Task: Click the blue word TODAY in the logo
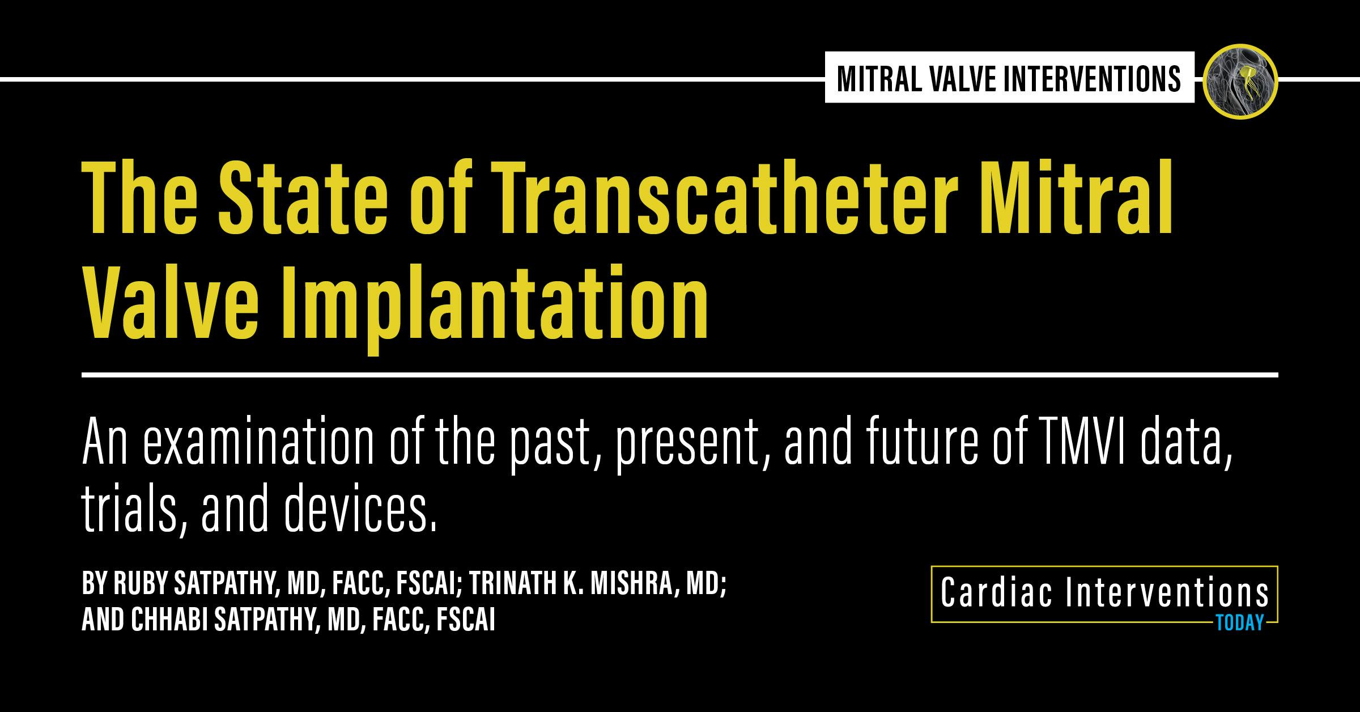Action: click(1239, 624)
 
